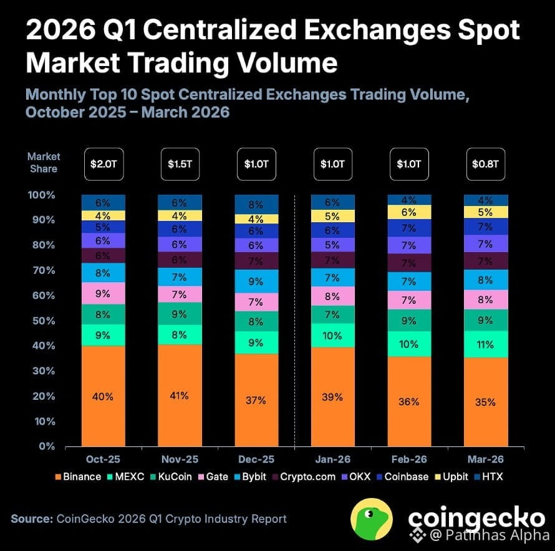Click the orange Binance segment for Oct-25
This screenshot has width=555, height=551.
coord(103,396)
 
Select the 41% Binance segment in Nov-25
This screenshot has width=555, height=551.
coord(180,395)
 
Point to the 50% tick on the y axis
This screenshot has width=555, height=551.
coord(42,321)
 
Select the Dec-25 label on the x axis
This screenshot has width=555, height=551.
coord(256,459)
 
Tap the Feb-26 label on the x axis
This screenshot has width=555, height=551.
coord(409,459)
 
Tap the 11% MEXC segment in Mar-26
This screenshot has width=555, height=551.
coord(486,344)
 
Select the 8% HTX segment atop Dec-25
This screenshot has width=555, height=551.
coord(256,204)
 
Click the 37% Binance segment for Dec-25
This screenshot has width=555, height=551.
coord(256,400)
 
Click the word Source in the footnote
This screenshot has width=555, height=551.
coord(31,519)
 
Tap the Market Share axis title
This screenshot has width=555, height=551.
coord(43,162)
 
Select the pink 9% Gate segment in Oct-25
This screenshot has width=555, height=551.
coord(103,293)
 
